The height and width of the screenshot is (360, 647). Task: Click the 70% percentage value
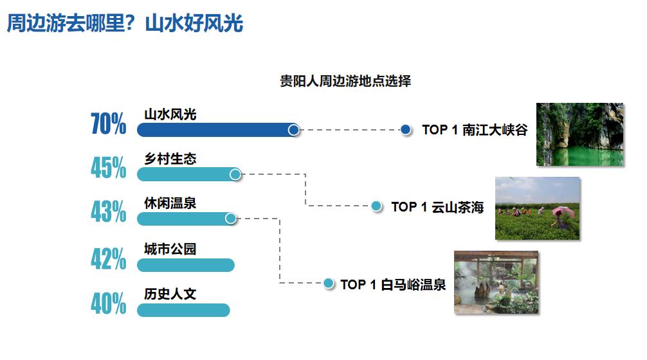click(109, 123)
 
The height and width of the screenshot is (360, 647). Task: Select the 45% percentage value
click(109, 167)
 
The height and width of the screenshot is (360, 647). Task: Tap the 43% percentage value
click(109, 212)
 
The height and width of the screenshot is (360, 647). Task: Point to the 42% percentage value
click(109, 258)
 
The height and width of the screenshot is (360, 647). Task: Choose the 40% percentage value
click(109, 303)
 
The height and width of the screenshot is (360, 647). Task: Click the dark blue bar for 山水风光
click(218, 130)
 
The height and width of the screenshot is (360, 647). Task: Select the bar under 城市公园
click(186, 265)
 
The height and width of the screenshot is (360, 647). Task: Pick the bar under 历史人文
click(183, 310)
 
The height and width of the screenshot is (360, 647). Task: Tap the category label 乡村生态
click(170, 159)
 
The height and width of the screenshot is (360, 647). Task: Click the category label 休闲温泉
click(170, 203)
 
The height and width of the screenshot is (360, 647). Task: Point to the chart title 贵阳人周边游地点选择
click(345, 81)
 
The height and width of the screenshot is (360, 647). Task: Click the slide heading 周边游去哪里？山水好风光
click(125, 22)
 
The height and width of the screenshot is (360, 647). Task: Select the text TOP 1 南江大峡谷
click(475, 130)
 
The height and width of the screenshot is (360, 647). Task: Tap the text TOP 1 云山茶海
click(437, 206)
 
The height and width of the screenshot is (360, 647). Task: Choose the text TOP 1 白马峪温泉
click(393, 285)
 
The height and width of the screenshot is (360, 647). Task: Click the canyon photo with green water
click(580, 134)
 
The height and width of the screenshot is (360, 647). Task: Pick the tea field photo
click(538, 208)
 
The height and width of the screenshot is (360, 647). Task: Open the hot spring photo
click(497, 282)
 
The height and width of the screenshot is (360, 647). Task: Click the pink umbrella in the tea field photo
click(562, 212)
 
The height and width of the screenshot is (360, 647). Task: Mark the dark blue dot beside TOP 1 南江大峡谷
click(406, 130)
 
